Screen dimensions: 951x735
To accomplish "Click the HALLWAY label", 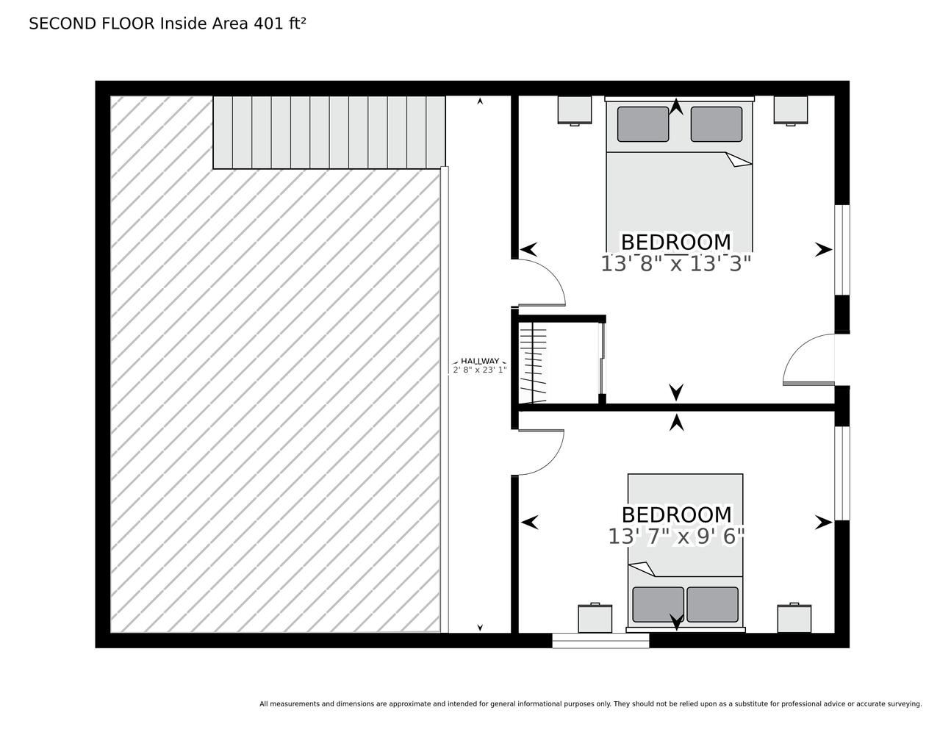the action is [x=480, y=362].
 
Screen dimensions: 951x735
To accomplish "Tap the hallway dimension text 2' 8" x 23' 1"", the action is [x=480, y=370].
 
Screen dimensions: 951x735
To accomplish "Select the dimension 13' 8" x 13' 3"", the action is [x=675, y=264].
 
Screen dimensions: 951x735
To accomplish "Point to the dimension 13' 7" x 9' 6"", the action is [x=676, y=537].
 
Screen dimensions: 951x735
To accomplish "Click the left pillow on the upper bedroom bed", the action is [x=643, y=123].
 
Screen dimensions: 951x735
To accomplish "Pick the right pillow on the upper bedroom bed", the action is [x=717, y=123].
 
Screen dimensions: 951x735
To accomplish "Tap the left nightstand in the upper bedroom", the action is [x=575, y=110].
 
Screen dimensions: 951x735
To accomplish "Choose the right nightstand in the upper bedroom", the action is [x=790, y=110].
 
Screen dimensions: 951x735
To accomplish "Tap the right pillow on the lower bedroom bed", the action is [x=712, y=604].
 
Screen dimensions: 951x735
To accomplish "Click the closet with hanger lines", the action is [x=559, y=362].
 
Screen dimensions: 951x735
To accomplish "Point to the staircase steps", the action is [x=329, y=132].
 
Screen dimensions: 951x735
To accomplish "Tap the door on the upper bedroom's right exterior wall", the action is [x=808, y=359].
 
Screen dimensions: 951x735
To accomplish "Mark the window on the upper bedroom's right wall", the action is [x=842, y=250].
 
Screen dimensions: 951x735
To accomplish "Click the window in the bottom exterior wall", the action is [x=600, y=640].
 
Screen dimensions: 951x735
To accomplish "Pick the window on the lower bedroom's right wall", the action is [x=842, y=473].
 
